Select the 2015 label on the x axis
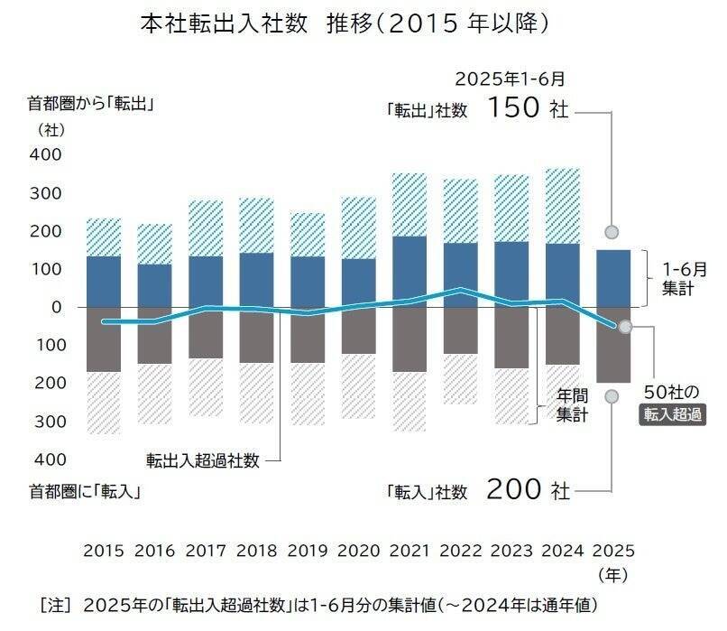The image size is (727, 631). pos(103,551)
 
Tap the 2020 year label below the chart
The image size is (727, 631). pos(359,551)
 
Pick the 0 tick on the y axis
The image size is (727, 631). pos(56,307)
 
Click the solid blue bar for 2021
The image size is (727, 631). pos(410,271)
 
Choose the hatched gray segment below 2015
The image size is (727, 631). pos(104,402)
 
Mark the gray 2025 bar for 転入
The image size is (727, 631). pos(613,345)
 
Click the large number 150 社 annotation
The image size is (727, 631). pos(528,110)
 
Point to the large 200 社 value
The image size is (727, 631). pos(528,491)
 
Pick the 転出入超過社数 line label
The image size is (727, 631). pos(203,460)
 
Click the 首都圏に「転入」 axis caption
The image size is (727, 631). pos(87,492)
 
